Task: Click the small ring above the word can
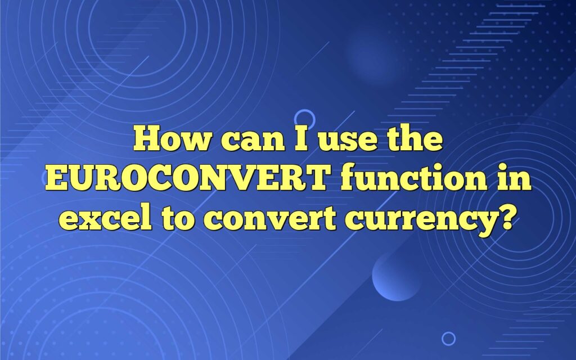(304, 118)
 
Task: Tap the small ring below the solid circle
(448, 338)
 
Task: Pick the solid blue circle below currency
(397, 276)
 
